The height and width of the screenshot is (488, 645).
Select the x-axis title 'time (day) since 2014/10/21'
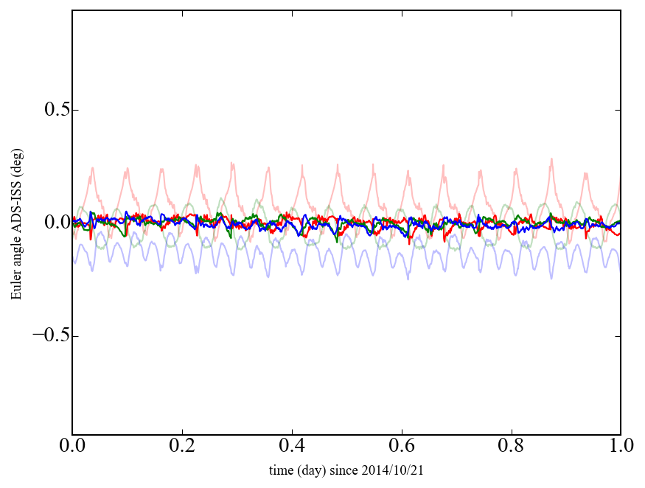346,470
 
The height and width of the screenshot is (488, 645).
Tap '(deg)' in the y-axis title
15,158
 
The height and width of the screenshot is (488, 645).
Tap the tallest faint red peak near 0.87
551,159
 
